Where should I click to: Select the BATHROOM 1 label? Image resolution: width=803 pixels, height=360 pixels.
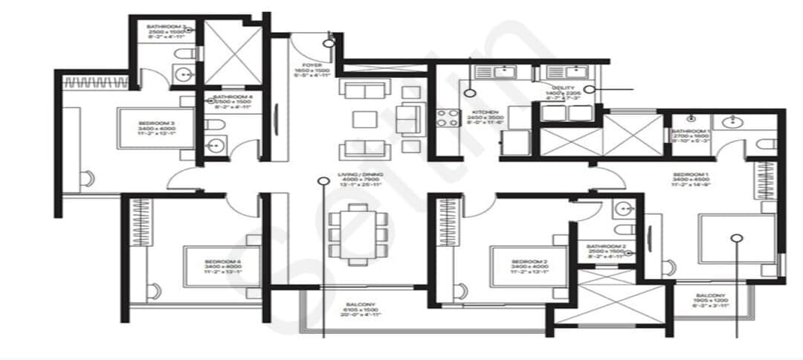point(692,132)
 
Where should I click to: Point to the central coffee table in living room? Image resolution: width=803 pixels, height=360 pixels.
point(364,119)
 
